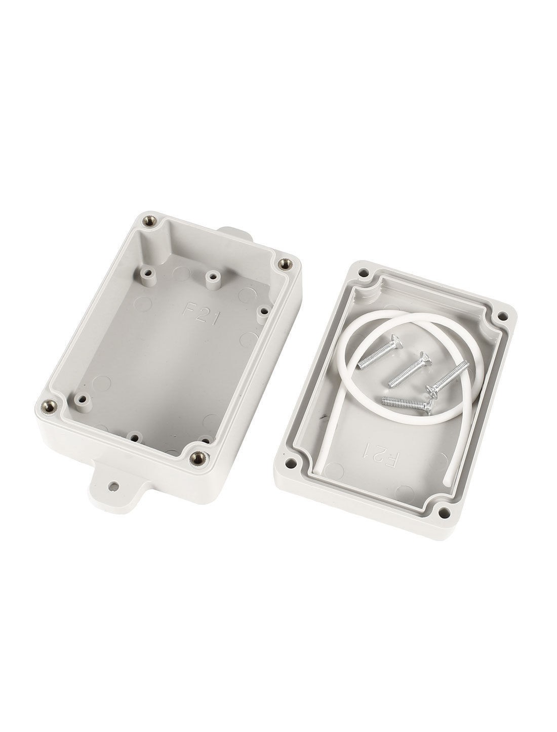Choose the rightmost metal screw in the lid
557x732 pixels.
pyautogui.click(x=447, y=379)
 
